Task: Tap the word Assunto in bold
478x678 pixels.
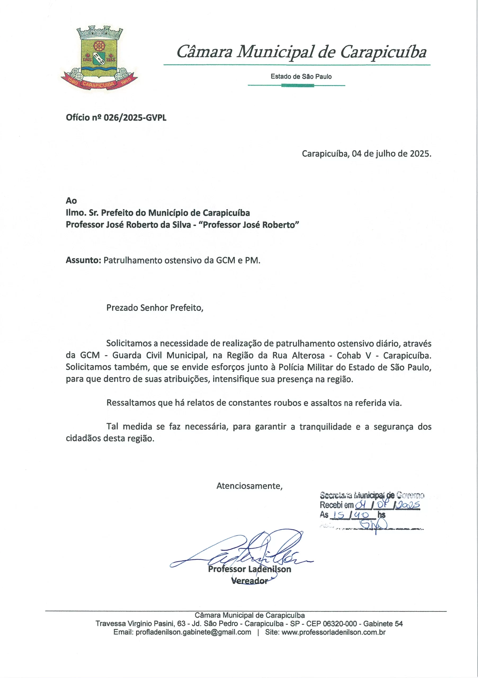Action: (83, 260)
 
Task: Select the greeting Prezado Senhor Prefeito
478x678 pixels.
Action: (155, 308)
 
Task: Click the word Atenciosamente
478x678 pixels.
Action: (249, 486)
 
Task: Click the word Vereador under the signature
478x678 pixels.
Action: (249, 581)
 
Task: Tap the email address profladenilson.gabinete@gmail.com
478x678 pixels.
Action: (193, 632)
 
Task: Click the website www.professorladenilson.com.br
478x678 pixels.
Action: (333, 632)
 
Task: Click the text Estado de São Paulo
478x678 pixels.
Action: (301, 77)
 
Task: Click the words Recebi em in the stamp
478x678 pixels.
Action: (337, 505)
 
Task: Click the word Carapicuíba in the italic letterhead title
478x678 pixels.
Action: (383, 52)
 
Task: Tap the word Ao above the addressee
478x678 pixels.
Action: (71, 201)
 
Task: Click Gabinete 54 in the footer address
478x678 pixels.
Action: (383, 624)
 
